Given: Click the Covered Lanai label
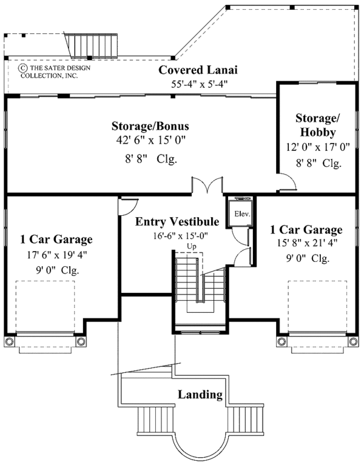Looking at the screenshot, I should tap(198, 70).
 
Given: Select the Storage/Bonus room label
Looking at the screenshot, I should tap(150, 127).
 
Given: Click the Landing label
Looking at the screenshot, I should tap(200, 395).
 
